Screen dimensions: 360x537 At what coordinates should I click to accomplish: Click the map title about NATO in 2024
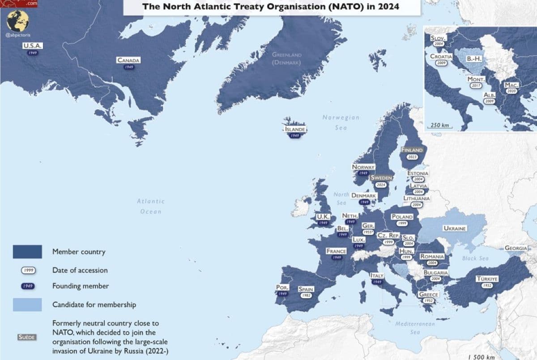point(271,7)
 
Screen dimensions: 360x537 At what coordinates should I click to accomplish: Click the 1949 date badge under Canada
point(129,67)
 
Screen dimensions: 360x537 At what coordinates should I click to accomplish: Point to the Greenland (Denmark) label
point(287,58)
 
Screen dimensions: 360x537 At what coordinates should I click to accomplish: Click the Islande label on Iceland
point(295,129)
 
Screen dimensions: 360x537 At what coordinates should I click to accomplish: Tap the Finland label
point(412,150)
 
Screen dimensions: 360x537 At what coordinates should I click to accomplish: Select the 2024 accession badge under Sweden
point(382,184)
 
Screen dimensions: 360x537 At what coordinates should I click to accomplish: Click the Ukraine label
point(455,228)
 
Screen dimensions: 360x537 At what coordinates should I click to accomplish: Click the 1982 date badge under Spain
point(307,296)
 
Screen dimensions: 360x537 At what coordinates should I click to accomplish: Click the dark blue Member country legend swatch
point(27,251)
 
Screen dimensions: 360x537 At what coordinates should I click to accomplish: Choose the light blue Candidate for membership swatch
point(27,305)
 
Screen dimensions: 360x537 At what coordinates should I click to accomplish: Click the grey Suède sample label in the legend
point(27,337)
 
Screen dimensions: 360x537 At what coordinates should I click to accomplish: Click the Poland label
point(402,217)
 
